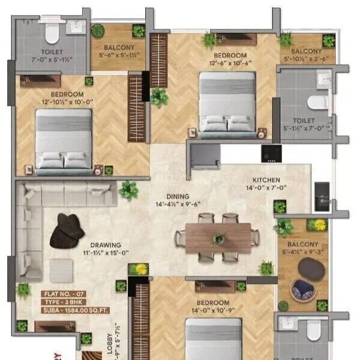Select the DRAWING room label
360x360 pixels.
coord(106,245)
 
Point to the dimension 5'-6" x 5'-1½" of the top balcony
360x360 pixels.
coord(118,55)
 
